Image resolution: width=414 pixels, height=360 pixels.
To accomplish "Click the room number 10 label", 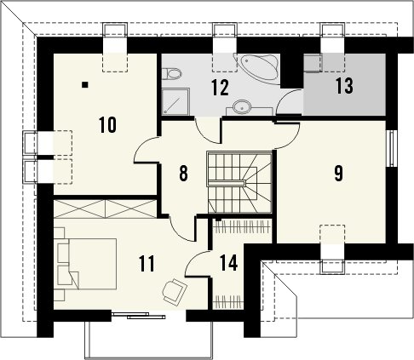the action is coord(108,125).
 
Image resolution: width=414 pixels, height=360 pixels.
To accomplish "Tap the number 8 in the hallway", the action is coord(183,173).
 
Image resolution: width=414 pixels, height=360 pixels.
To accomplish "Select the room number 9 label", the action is coord(338,173).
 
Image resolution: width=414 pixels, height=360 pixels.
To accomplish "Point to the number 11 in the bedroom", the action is coord(147,264).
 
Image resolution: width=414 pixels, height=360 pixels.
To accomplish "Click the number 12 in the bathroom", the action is coord(220,88).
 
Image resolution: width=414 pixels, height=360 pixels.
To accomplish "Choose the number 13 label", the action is coord(344,85).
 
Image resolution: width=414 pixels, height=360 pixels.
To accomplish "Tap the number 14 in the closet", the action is coord(228,263).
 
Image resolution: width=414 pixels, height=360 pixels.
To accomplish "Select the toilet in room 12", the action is coord(172,74).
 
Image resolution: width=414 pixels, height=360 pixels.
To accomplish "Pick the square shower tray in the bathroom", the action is coord(175,101).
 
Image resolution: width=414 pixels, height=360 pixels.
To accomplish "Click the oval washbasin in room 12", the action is coord(242,107).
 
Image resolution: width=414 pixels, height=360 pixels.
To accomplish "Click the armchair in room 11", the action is coord(175,291).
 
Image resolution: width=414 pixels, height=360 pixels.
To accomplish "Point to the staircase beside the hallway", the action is coord(239,182).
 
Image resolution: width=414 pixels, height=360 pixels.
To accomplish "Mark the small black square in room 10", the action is coord(85,84).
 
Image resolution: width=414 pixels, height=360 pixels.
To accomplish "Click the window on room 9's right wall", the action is coord(391,148).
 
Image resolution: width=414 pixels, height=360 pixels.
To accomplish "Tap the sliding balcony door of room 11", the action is coord(138,316).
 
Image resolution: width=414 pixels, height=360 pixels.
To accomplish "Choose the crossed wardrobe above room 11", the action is coord(105,209).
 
